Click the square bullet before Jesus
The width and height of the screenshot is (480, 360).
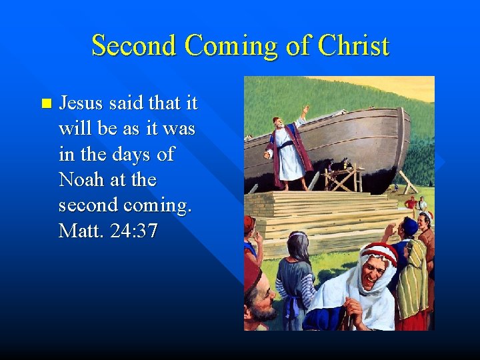[45, 103]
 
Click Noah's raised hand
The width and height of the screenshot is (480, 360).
[305, 108]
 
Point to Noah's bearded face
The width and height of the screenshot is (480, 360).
[277, 125]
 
